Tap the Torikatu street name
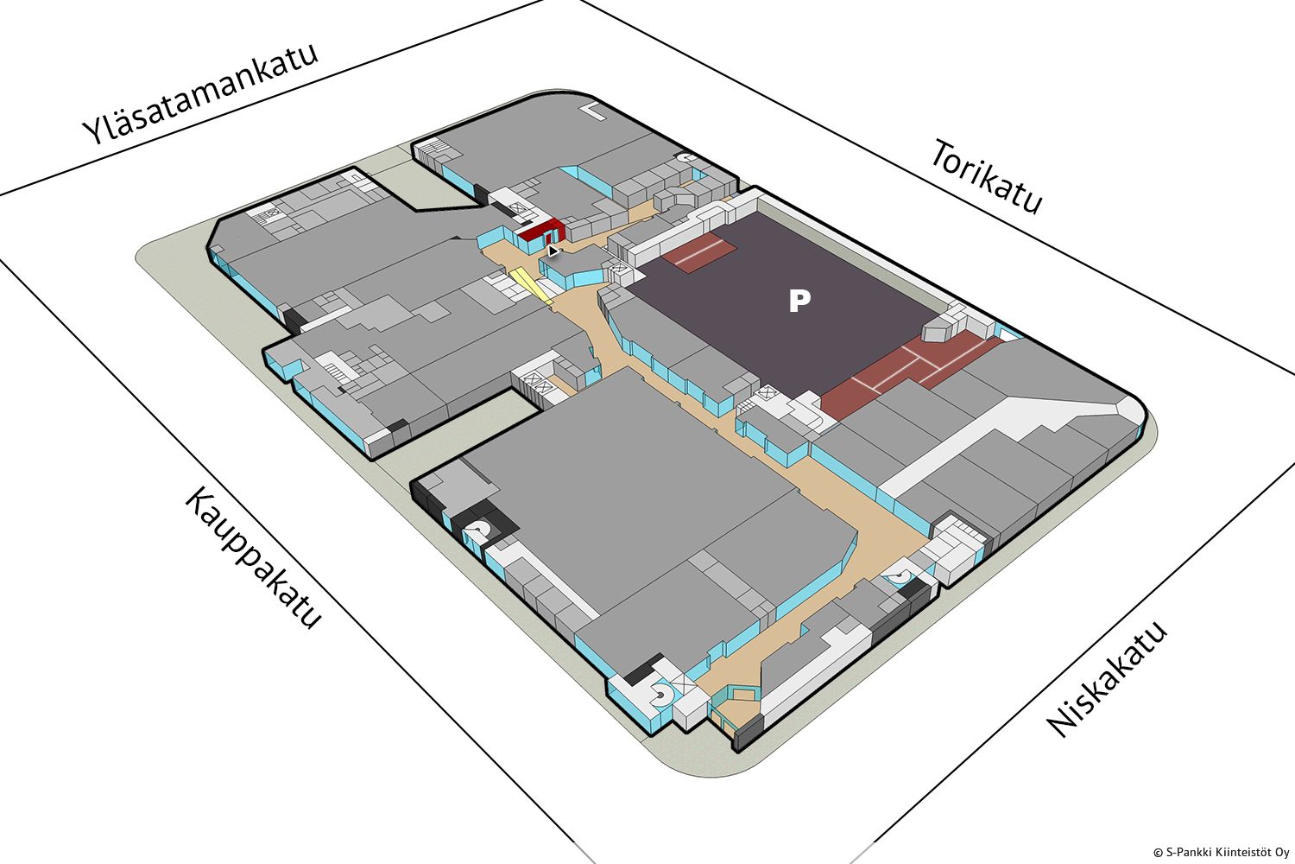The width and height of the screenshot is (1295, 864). [986, 176]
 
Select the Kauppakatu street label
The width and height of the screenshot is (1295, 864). [253, 558]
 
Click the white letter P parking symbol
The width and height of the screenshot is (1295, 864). [799, 301]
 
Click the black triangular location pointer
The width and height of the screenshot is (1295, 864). [553, 251]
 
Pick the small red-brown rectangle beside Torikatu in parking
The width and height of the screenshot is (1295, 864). [699, 253]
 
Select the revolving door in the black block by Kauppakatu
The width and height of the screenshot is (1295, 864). [477, 530]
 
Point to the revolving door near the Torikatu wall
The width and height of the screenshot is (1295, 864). [686, 157]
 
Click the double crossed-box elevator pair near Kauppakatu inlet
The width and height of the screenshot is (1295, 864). [536, 383]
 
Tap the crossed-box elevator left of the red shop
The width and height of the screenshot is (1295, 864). [515, 209]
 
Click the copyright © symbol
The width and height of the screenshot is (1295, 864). [1158, 853]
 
